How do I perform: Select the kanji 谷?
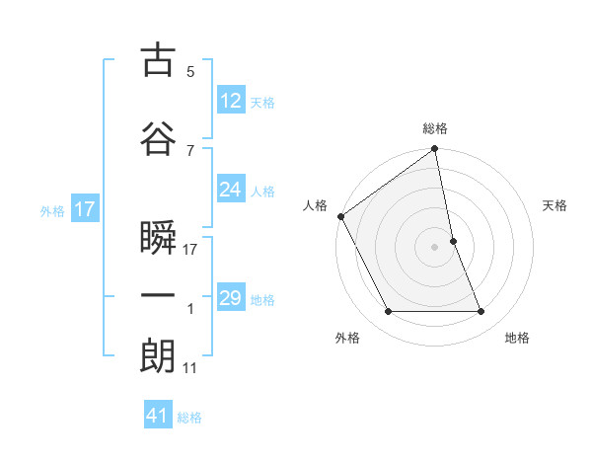[x=158, y=138]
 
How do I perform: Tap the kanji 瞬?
[x=158, y=238]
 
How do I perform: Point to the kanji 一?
[x=158, y=295]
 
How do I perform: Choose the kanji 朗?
[x=158, y=355]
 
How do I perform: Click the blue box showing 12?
[x=231, y=100]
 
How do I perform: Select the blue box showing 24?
[x=231, y=190]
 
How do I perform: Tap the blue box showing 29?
[x=231, y=298]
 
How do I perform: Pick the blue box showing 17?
[x=84, y=208]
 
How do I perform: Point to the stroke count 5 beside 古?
[x=190, y=72]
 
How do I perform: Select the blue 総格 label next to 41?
[x=189, y=418]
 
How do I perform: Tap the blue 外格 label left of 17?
[x=52, y=210]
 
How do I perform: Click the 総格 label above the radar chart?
[x=435, y=128]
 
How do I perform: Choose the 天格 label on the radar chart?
[x=555, y=205]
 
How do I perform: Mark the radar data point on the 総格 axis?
[x=435, y=150]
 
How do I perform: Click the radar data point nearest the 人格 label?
[x=340, y=216]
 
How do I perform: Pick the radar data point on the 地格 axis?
[x=481, y=312]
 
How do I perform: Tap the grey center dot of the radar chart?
[x=435, y=247]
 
